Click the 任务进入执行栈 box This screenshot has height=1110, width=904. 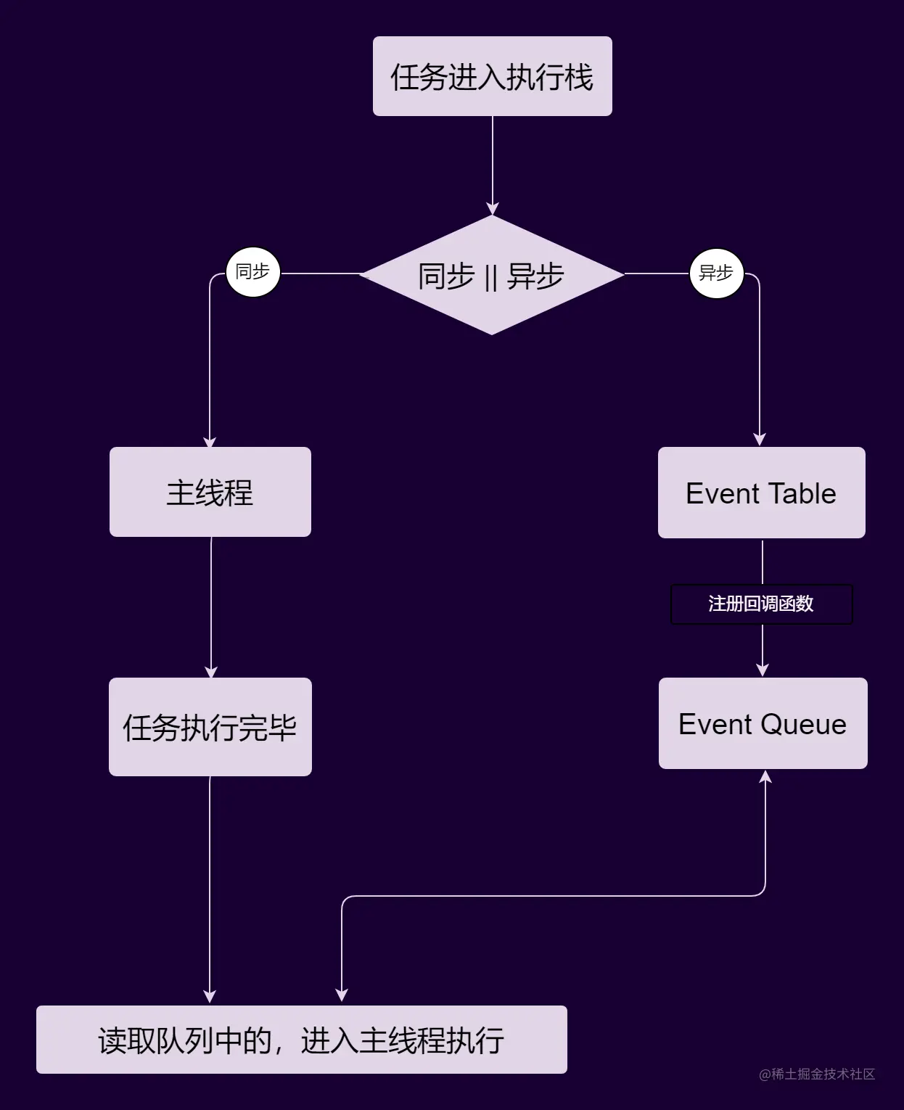492,76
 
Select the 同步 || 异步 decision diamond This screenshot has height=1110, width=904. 492,275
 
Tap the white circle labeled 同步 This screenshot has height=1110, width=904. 252,272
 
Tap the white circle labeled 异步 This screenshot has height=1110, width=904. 716,274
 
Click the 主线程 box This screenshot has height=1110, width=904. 210,492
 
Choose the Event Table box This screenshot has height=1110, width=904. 761,493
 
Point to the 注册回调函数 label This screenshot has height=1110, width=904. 761,604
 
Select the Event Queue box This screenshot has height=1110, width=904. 763,723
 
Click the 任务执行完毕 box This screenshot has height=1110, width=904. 210,727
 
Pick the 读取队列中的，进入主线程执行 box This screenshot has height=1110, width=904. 301,1040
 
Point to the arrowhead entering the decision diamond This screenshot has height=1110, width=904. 493,209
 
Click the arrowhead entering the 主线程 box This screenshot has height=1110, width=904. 210,441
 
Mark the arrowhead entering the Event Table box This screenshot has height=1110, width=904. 760,440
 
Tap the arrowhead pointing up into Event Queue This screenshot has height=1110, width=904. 765,776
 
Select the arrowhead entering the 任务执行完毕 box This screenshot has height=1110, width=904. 211,672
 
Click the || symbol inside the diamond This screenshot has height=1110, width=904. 491,276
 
